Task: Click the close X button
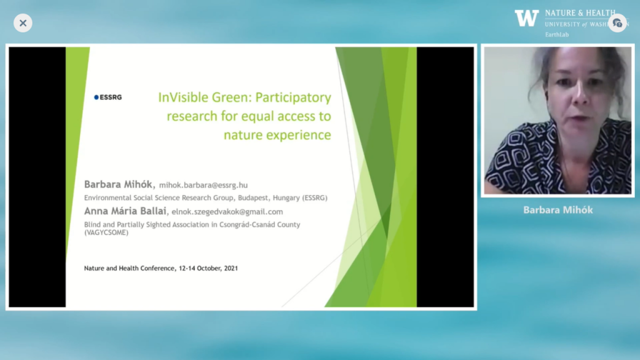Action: tap(23, 23)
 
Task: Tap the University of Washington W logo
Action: tap(526, 18)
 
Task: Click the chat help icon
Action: tap(617, 23)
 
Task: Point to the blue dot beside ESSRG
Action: tap(96, 97)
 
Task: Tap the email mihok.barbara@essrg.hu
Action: tap(203, 185)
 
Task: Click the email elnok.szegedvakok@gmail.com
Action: tap(227, 212)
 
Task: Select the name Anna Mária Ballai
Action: tap(125, 211)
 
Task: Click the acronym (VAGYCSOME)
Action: tap(106, 232)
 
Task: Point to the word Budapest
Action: tap(253, 198)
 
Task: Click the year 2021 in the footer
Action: tap(231, 268)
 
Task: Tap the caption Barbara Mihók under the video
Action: tap(558, 210)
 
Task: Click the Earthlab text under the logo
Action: tap(557, 35)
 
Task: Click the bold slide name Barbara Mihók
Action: tap(118, 184)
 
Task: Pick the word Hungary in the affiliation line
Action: tap(286, 198)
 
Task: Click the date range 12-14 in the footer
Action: tap(186, 268)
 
